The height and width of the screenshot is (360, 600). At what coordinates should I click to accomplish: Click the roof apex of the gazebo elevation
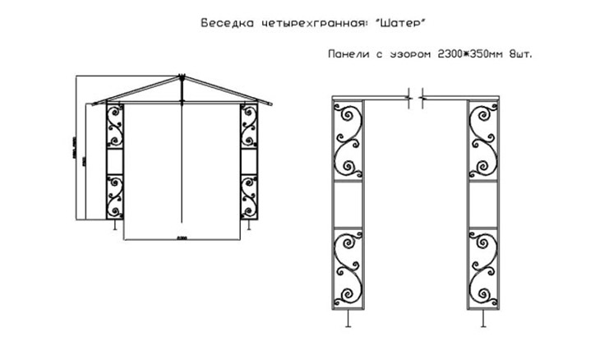[x=179, y=79]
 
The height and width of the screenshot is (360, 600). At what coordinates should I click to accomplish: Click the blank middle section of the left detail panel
[x=350, y=203]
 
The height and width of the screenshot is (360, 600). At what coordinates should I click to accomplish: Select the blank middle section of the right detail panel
[x=483, y=203]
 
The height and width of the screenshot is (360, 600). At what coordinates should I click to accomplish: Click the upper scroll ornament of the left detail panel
[x=350, y=140]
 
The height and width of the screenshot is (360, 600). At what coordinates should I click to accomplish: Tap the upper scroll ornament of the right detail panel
[x=483, y=140]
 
